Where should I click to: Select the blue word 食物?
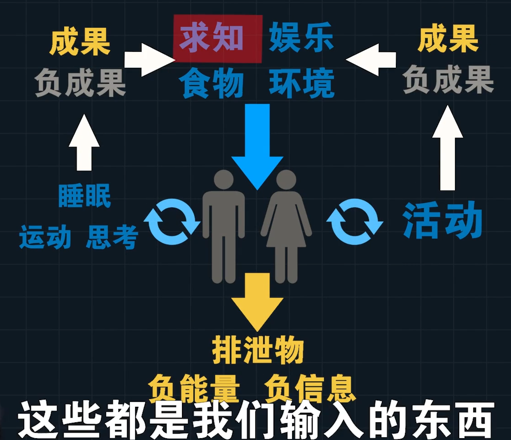[x=211, y=84]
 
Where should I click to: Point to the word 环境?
[x=301, y=84]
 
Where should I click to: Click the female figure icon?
[x=286, y=225]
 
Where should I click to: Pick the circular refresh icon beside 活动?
[x=354, y=222]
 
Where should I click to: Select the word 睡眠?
[x=85, y=197]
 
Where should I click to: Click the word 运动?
[x=45, y=237]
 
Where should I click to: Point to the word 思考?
[x=112, y=237]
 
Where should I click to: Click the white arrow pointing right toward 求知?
[x=148, y=60]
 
